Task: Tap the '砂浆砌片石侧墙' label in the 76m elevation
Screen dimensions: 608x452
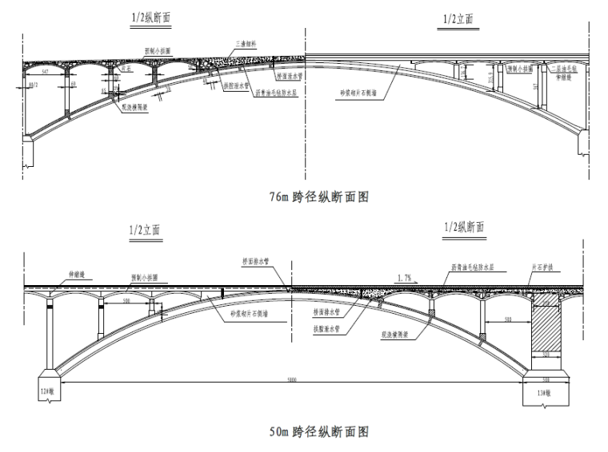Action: pyautogui.click(x=361, y=93)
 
